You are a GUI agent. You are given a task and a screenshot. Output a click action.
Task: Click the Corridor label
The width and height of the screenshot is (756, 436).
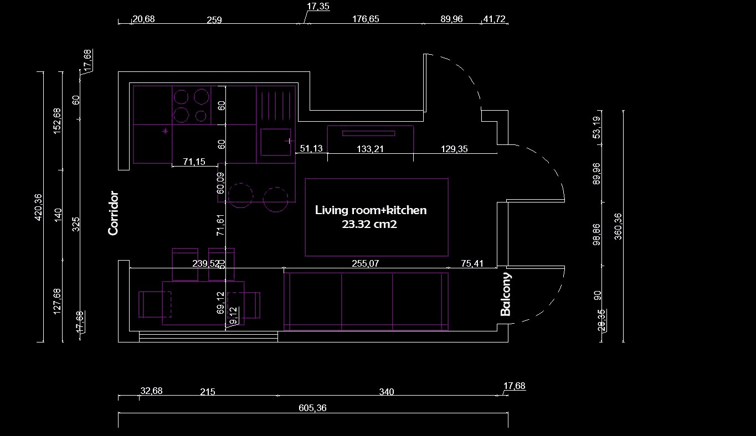point(114,213)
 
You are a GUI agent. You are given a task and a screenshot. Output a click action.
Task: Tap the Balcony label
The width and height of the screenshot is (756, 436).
point(506,294)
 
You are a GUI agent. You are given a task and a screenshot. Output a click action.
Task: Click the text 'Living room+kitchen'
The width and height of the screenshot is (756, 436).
point(371,210)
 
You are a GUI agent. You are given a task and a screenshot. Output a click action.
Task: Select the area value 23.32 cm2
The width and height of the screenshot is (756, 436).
point(370,225)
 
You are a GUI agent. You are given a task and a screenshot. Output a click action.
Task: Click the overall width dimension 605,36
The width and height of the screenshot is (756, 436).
point(313,408)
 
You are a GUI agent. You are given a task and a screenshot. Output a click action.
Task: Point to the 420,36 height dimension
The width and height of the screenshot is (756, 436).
point(38,207)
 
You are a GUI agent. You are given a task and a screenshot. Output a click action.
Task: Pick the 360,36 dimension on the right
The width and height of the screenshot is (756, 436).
point(618,226)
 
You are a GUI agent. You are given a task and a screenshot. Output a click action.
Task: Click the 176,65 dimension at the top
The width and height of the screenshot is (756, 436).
point(366,19)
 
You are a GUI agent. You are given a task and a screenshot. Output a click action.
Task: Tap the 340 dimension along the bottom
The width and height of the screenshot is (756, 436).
point(387,392)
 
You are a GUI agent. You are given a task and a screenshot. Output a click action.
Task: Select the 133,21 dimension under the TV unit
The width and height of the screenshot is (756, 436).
point(371,149)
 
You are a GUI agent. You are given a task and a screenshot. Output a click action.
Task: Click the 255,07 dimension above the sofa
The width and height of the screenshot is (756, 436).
point(366,264)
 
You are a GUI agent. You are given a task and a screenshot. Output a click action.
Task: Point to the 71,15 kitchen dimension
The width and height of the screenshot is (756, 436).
point(194,162)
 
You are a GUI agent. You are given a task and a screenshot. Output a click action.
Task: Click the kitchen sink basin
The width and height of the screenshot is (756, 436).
point(275,142)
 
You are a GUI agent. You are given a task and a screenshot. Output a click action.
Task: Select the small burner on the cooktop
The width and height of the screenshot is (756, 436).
point(200,116)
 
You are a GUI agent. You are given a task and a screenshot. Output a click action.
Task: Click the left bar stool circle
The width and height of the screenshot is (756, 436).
point(240,195)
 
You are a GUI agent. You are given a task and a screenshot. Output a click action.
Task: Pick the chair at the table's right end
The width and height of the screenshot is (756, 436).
point(253,304)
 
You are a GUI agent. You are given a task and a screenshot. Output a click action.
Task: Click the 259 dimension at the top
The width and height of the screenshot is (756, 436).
point(214,20)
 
